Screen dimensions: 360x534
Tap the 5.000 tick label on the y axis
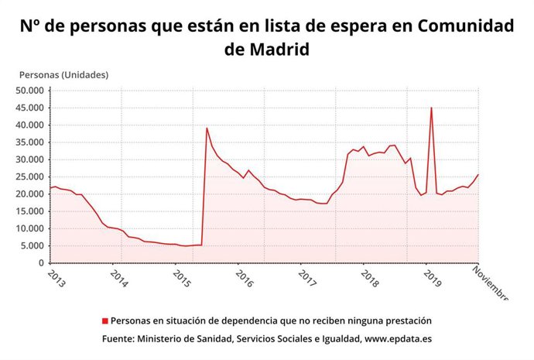click(32, 246)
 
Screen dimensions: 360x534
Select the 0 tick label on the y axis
click(42, 263)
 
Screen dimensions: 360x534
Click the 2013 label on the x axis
click(56, 279)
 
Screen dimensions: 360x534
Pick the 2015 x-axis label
click(181, 279)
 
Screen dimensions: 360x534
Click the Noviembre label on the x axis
click(491, 283)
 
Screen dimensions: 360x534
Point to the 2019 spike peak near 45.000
click(431, 108)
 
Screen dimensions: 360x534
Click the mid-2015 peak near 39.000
click(207, 128)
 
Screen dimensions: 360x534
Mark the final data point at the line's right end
click(478, 174)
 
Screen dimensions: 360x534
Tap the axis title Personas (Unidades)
click(63, 75)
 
